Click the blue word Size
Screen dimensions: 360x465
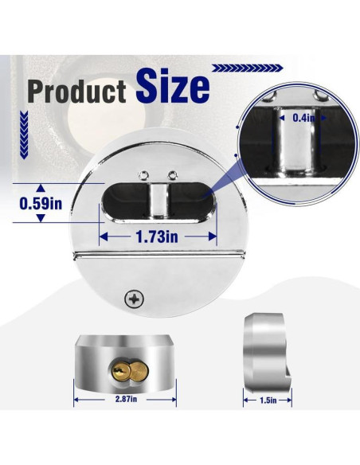[173, 85]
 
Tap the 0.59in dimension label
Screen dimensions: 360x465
[41, 204]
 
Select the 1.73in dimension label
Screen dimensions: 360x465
[157, 236]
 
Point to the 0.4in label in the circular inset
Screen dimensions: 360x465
[303, 118]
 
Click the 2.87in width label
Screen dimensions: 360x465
[126, 399]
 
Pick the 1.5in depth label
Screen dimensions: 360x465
[268, 401]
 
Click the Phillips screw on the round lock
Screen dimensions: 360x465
[135, 299]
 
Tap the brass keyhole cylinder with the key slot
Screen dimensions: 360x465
[121, 371]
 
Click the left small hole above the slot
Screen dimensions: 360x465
[143, 175]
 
